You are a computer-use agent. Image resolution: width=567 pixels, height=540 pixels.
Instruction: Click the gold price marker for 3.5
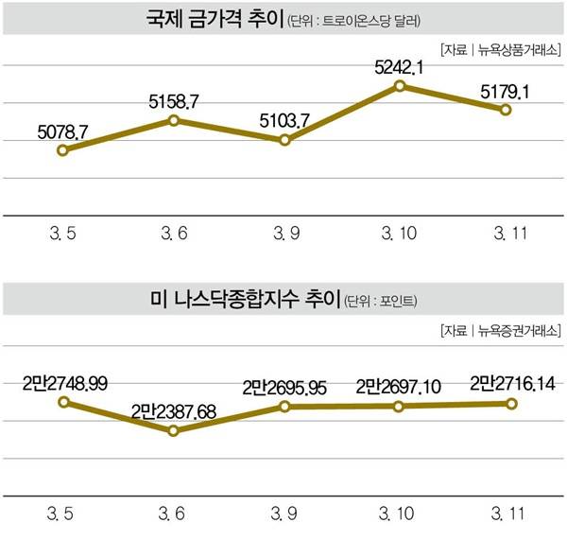point(62,149)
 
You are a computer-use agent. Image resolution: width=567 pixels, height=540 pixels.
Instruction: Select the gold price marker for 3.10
point(400,86)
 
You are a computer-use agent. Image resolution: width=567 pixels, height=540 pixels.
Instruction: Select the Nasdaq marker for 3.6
point(173,430)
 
